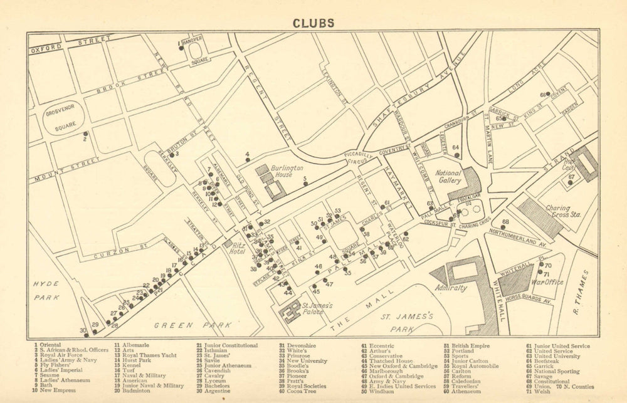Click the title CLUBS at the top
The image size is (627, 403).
[x=313, y=23]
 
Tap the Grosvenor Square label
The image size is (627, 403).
[x=61, y=118]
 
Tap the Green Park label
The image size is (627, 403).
[x=184, y=325]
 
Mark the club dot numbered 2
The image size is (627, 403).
[x=85, y=133]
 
